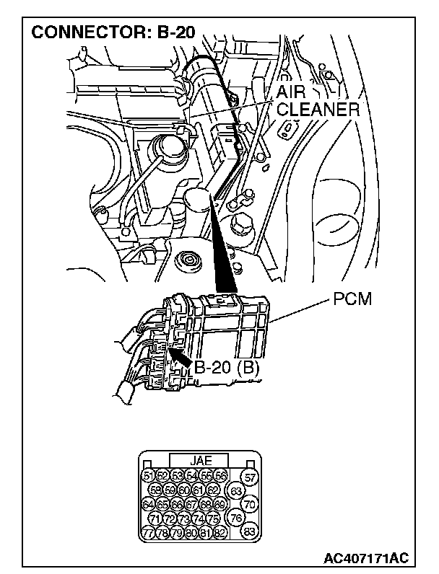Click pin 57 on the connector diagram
250,477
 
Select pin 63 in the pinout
235,492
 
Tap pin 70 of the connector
250,505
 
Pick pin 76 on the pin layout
235,518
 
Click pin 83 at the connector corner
250,532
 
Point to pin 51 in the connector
149,476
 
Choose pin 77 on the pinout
148,533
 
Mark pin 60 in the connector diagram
184,490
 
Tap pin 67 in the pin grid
191,505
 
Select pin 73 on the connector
184,519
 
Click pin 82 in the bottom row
220,533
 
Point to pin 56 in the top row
220,476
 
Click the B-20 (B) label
227,368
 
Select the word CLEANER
318,110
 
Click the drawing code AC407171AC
367,559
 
